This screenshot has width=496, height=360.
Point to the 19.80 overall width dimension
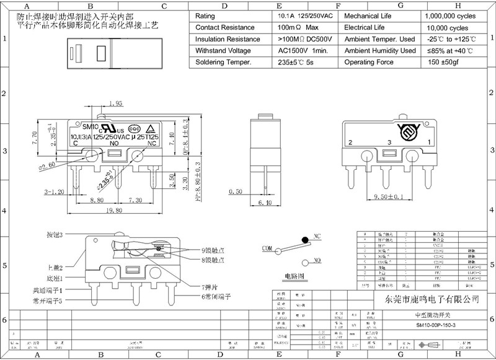point(113,211)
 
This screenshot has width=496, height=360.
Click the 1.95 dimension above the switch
point(115,103)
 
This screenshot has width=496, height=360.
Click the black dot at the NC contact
point(304,239)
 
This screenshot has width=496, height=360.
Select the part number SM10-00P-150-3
point(435,325)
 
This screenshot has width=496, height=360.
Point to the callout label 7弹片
point(210,288)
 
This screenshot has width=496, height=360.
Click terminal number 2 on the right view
point(350,143)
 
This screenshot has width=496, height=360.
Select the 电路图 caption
point(294,274)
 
